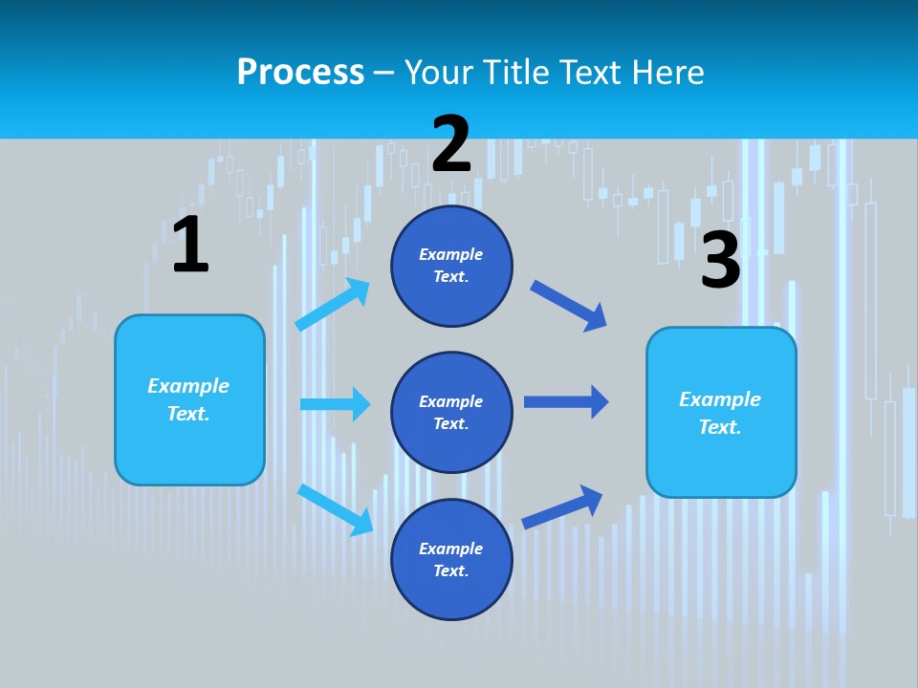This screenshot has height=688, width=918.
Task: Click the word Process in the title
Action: point(300,72)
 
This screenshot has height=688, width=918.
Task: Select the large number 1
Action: point(190,245)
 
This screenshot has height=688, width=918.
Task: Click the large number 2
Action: point(451,143)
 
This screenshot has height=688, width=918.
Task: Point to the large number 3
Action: point(720,260)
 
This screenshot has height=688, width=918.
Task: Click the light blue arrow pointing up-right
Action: point(333,304)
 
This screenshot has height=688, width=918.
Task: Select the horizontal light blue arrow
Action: point(335,404)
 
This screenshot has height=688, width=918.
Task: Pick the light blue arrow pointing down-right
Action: point(335,508)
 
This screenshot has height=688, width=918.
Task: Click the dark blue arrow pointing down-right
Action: point(569,305)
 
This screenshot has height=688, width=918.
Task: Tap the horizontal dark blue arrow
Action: point(566,402)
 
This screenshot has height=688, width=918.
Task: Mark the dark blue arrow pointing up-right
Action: point(562,506)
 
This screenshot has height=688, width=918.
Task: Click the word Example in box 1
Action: point(188,385)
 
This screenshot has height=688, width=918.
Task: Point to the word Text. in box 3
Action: point(720,427)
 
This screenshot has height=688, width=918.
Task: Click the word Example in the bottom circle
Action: point(451,548)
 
